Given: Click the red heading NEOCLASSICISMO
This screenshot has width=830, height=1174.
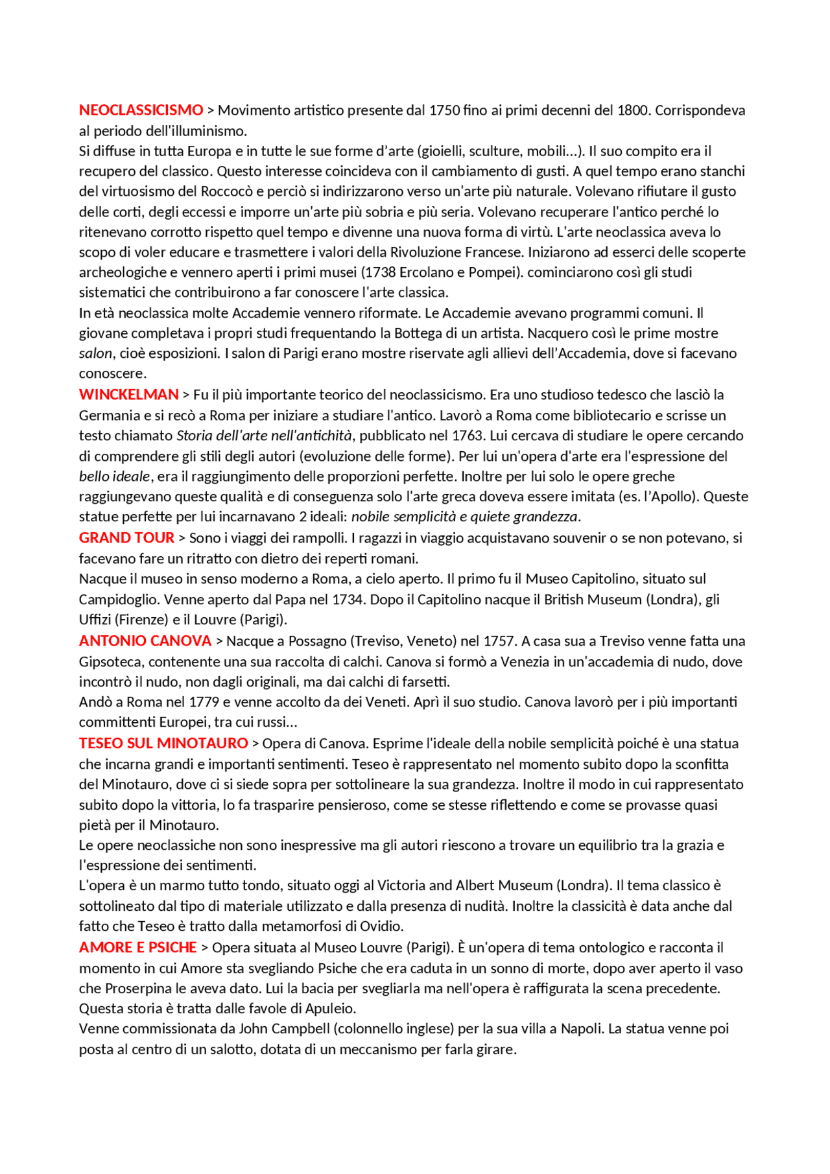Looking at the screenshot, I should point(141,110).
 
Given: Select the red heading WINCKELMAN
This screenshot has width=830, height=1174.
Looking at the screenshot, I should point(128,395).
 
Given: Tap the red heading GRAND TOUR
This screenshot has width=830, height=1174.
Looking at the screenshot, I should point(126,538).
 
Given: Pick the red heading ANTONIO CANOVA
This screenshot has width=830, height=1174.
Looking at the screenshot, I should point(145,641).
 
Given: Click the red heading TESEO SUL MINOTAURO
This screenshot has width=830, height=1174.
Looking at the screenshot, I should point(163,744).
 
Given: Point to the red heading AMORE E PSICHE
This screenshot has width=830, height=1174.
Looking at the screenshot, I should point(137,948).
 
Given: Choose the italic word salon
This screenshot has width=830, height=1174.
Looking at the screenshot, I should point(95,354).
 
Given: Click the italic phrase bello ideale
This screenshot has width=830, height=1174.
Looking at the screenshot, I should point(115,476).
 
